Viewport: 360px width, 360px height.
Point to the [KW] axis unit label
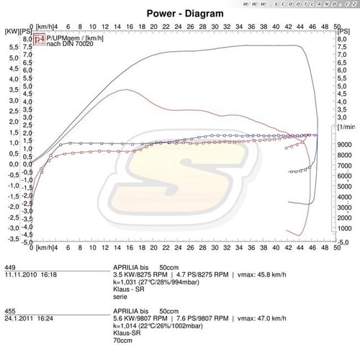pyautogui.click(x=12, y=32)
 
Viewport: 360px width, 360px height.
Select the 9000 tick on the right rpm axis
pyautogui.click(x=344, y=145)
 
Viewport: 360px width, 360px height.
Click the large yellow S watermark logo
pyautogui.click(x=179, y=173)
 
